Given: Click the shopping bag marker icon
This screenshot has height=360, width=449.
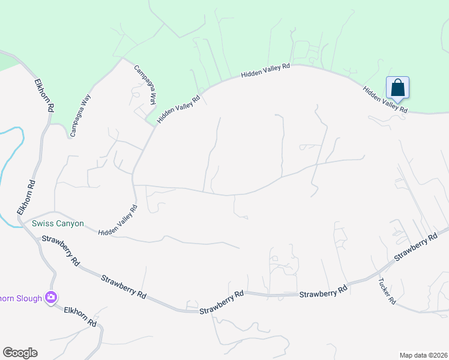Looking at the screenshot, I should pos(397,88).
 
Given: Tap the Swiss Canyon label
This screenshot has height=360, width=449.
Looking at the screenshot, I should pos(58,224).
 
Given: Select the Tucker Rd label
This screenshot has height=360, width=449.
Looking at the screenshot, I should pos(387,290).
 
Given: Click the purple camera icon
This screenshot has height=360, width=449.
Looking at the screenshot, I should pos(50,297).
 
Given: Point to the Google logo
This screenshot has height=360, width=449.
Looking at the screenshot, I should pos(20,353).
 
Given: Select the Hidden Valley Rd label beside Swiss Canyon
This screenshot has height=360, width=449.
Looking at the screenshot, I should pos(118,220).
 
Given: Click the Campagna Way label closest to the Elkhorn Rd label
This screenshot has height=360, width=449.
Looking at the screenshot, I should pos(80,115).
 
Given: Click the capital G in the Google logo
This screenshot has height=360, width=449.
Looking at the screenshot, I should pos(8,353).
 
